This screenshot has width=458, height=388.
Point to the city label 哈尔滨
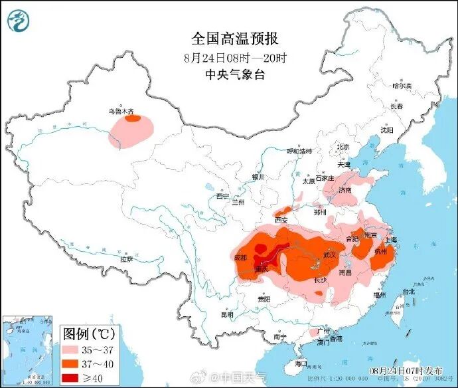coord(402,86)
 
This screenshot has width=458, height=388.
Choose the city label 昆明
coord(227,314)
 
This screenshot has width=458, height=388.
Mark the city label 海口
coord(300,363)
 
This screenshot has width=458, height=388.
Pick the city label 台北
coord(408,291)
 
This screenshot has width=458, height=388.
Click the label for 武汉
coord(330,254)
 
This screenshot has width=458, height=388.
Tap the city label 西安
coord(281,220)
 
